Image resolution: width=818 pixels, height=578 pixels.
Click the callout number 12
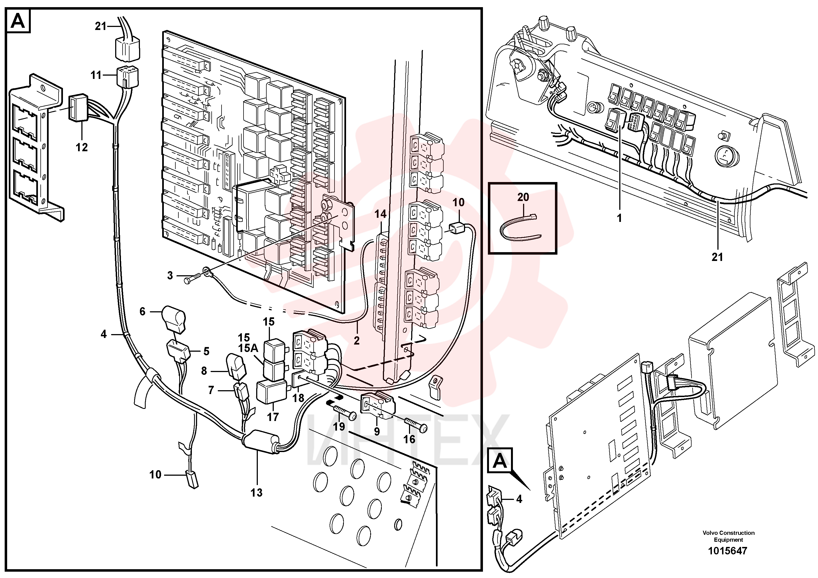click(82, 147)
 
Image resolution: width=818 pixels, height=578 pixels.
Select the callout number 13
click(256, 493)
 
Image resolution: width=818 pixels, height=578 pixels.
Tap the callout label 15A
click(248, 348)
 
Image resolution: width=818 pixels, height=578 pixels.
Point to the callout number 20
click(523, 197)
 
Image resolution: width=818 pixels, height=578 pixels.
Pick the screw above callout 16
click(415, 424)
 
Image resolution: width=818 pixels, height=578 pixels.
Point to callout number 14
click(380, 214)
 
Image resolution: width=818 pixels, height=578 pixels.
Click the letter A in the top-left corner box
click(18, 21)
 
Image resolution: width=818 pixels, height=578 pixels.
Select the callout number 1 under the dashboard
click(619, 218)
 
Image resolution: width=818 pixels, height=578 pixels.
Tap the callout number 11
click(96, 75)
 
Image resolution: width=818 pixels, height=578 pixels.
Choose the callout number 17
click(273, 417)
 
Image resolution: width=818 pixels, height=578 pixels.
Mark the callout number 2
click(357, 341)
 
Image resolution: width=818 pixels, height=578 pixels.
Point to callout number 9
click(377, 431)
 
